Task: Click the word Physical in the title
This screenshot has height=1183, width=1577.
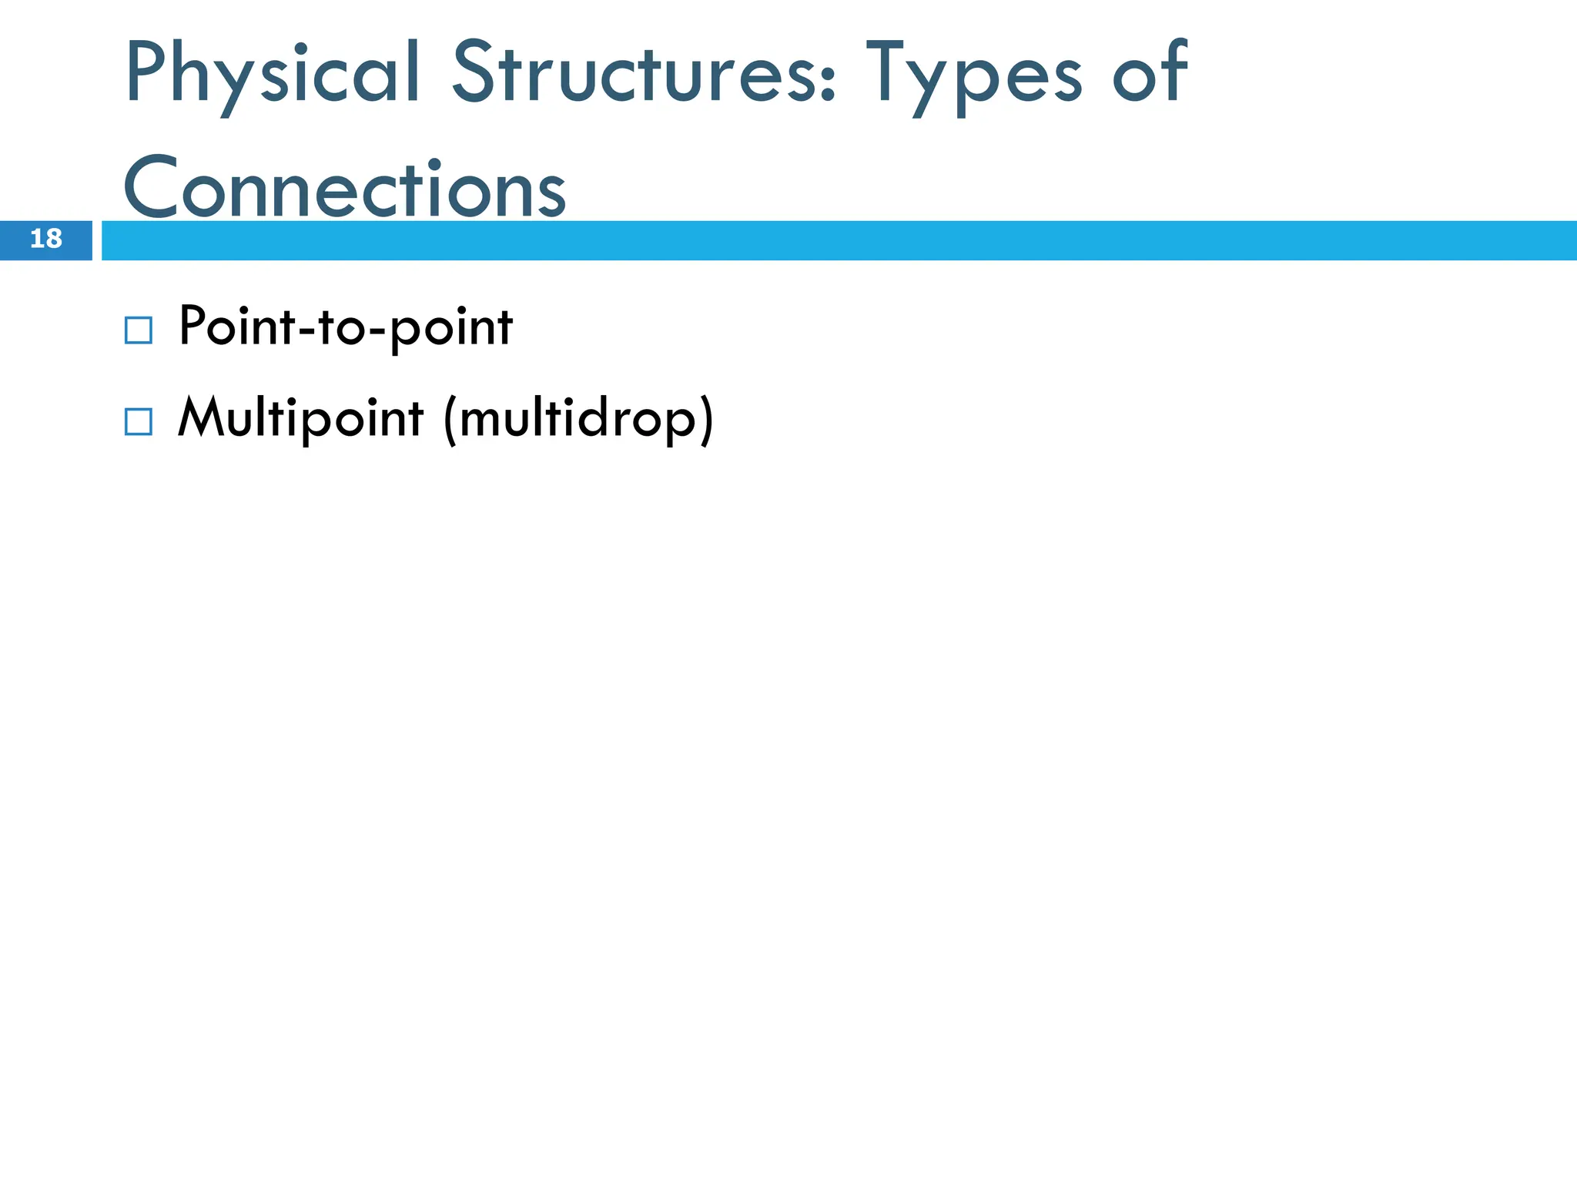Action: (271, 74)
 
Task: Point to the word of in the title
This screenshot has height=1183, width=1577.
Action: (1150, 72)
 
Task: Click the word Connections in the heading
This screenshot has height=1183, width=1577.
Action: (344, 188)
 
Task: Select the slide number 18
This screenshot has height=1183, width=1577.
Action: (45, 240)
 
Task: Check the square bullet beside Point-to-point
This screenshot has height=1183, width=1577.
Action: (138, 330)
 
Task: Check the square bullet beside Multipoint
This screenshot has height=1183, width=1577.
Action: (138, 421)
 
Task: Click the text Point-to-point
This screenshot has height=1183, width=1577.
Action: (345, 327)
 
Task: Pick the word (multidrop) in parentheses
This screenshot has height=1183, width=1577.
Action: (578, 420)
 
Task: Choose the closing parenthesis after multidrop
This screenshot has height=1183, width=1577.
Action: (705, 421)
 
